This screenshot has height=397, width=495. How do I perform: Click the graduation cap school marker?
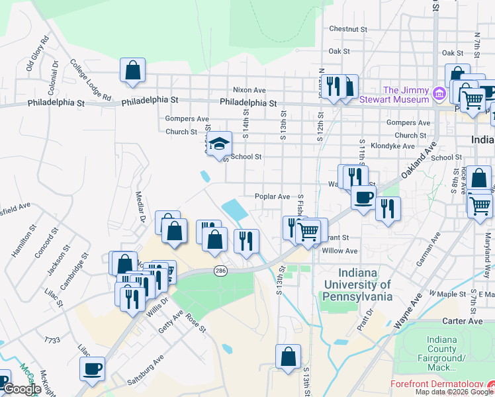coord(220,143)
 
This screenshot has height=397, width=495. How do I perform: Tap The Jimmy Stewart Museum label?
coord(405,95)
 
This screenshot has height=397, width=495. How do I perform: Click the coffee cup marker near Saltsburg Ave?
coord(93,369)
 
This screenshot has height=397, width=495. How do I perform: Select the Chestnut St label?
coord(347,29)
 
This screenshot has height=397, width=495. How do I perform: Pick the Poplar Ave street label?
coord(273,197)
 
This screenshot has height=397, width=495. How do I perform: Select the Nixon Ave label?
coord(249,90)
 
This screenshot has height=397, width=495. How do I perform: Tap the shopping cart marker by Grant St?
coord(309,231)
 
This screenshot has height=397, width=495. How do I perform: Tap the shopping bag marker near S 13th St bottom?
coord(288,357)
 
